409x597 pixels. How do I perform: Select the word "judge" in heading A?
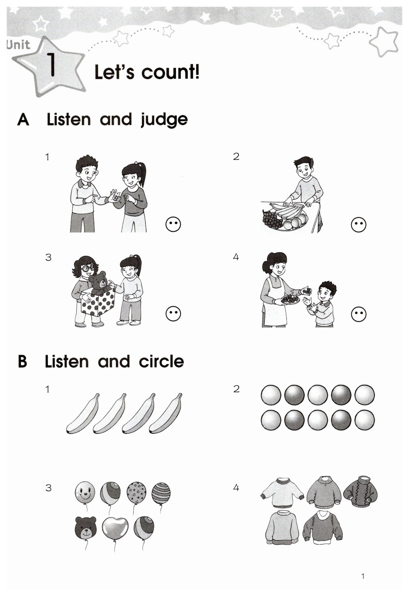164,120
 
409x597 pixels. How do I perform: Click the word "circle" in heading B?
161,361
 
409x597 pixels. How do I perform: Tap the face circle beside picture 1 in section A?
173,225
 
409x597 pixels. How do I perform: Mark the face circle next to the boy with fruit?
358,225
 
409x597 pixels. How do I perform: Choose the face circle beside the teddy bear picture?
173,314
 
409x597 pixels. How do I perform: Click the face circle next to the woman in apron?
359,314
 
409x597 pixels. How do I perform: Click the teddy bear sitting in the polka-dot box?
99,283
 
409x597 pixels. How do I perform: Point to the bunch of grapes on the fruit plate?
272,220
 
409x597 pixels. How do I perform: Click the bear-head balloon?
86,527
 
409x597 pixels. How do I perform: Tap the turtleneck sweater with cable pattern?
361,492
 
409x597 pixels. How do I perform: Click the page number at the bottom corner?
363,576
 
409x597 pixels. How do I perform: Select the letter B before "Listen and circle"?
22,362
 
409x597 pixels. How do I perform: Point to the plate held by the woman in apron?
290,300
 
